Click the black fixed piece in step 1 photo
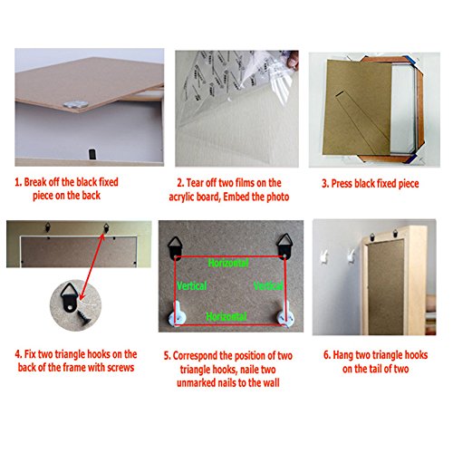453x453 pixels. coord(92,154)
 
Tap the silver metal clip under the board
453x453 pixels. coord(76,104)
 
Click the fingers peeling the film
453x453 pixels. coord(293,61)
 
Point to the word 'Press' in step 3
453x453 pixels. coord(342,184)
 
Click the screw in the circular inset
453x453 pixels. coord(84,318)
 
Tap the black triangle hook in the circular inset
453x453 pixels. coord(69,297)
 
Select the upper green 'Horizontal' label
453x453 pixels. coord(228,263)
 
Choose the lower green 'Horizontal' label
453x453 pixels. coord(226,316)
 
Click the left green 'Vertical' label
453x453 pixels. coord(192,285)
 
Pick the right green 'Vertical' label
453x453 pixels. coord(268,285)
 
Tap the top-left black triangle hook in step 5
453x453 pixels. coord(176,248)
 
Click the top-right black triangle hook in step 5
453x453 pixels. coord(284,246)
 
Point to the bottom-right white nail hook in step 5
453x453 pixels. coord(285,314)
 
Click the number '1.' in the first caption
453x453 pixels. coord(18,182)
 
